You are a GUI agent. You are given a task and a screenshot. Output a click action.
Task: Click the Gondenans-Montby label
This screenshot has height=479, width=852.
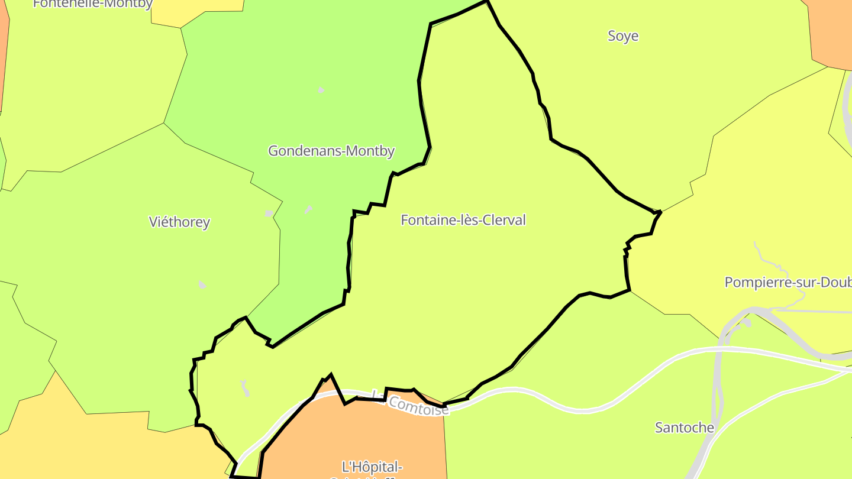331,151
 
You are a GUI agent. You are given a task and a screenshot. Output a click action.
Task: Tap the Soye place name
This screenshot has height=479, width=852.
623,36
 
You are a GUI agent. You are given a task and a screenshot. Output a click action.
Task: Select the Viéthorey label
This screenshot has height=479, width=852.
179,222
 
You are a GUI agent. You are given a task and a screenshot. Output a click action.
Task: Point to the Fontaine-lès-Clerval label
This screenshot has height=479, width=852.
463,220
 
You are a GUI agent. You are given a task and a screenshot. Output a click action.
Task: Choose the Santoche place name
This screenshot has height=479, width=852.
685,428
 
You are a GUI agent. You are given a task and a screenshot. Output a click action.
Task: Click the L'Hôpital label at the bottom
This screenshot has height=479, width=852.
373,467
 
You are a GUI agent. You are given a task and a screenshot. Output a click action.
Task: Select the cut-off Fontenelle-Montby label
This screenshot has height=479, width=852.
93,4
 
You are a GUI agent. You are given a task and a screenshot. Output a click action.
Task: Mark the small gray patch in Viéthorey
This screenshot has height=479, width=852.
202,285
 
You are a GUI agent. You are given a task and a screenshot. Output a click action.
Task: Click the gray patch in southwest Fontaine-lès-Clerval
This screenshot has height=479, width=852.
245,388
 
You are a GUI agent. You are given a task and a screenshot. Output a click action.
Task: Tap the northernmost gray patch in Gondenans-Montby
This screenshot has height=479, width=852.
321,90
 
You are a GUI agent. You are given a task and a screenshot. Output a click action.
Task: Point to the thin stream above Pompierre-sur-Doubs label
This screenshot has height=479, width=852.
763,254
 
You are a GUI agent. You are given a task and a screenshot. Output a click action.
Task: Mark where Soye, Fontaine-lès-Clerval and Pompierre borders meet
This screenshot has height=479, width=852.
659,212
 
